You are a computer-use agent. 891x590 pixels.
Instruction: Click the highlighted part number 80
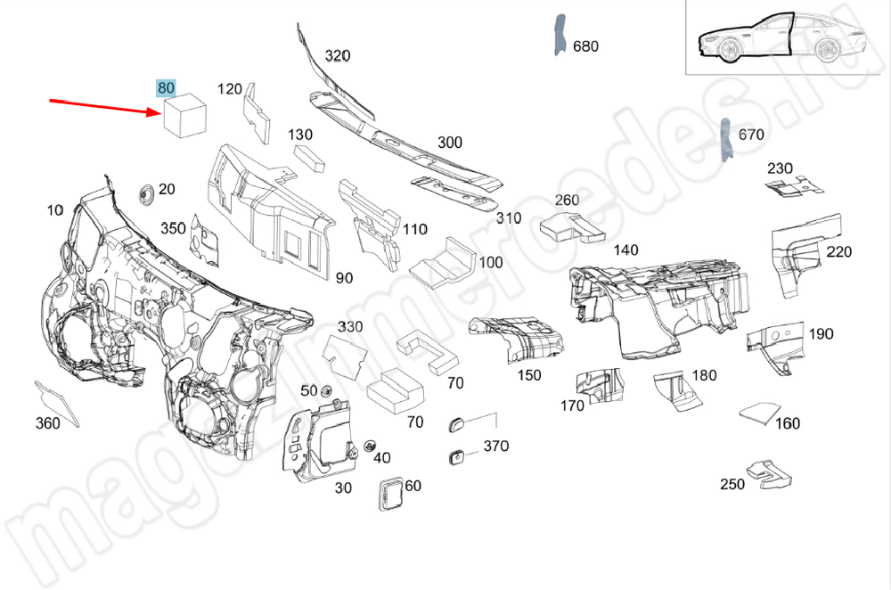tap(166, 87)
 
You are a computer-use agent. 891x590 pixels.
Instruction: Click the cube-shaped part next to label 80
tap(184, 117)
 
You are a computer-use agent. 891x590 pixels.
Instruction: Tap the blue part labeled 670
tap(725, 139)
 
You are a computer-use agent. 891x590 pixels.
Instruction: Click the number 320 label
tap(337, 55)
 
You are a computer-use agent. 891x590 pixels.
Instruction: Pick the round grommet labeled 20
tap(143, 193)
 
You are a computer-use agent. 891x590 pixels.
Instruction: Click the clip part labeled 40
tap(368, 446)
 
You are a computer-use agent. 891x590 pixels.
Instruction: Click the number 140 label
tap(625, 250)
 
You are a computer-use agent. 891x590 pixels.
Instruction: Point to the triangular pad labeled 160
tap(756, 414)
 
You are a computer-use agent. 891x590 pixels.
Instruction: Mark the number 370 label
tap(495, 447)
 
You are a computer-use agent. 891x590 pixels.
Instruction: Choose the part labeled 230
tap(792, 186)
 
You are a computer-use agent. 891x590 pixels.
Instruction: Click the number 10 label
tap(55, 210)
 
